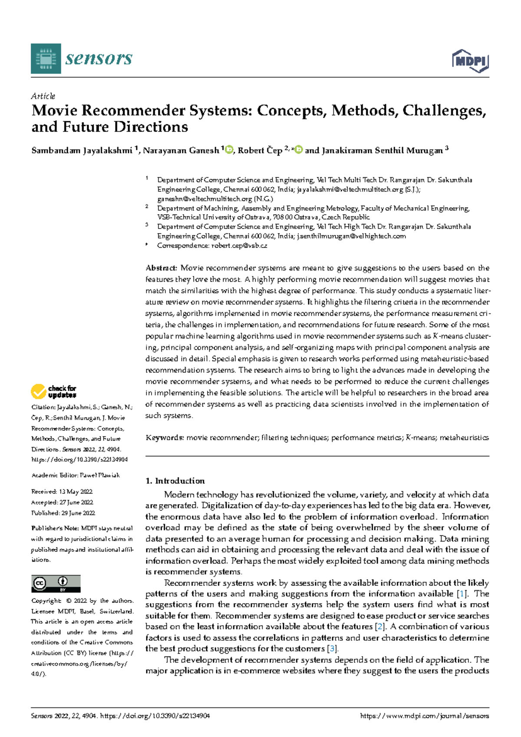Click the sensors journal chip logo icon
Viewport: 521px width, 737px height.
[x=46, y=59]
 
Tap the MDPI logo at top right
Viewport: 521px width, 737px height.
[x=471, y=61]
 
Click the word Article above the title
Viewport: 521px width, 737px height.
[x=43, y=96]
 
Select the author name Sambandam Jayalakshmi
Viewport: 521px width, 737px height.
[x=82, y=151]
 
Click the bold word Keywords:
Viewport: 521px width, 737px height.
[x=165, y=438]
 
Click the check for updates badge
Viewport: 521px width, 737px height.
[x=53, y=392]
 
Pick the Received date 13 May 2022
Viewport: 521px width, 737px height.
[x=76, y=491]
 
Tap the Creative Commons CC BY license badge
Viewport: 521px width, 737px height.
[x=56, y=583]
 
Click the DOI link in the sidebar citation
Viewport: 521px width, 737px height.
[x=79, y=459]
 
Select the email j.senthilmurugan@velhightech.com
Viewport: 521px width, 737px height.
[x=352, y=236]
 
